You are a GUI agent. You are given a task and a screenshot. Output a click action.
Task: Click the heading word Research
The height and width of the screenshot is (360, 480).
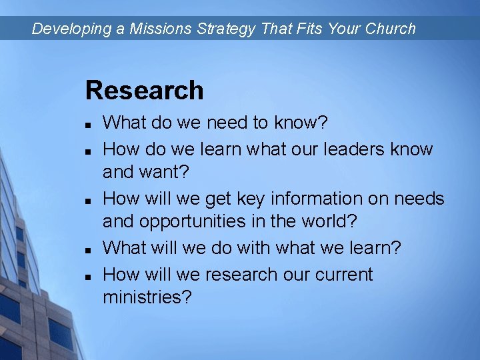coord(144,91)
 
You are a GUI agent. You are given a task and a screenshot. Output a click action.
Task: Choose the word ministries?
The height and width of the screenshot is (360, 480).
coord(147,298)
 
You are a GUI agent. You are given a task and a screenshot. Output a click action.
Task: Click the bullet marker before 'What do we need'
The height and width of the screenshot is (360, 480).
coord(87,124)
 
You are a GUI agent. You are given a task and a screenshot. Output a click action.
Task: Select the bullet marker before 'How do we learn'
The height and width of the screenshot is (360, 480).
coord(87,149)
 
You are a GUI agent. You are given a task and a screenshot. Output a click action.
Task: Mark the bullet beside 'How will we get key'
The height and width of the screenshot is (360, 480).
coord(87,199)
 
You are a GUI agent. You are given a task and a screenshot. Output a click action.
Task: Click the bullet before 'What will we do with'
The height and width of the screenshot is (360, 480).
coord(87,249)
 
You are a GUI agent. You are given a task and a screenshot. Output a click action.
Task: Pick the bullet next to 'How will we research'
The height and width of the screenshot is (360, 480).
coord(87,275)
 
